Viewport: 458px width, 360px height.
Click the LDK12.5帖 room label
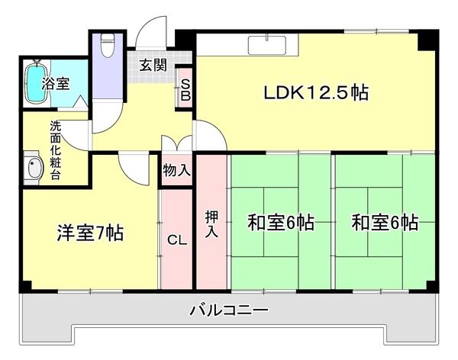click(316, 94)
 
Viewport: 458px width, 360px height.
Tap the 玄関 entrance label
click(153, 65)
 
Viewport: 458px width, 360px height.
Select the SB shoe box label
click(185, 89)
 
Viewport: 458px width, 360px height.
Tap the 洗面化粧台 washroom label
click(56, 150)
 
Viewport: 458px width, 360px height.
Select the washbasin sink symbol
click(32, 169)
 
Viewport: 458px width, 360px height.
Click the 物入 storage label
click(177, 170)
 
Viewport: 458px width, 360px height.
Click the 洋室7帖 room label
click(90, 232)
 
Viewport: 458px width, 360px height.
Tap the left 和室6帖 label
click(280, 223)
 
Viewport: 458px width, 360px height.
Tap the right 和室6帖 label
click(384, 223)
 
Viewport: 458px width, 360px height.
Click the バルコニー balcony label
click(228, 311)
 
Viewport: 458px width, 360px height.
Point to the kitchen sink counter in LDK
click(267, 45)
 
